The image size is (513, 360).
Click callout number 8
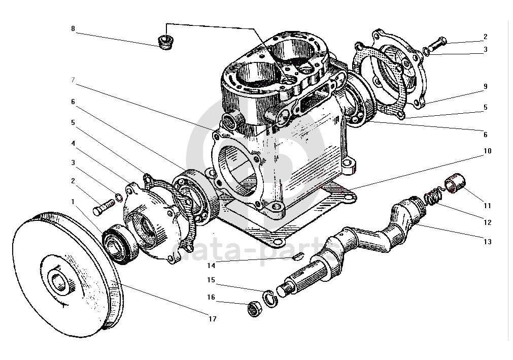[73, 29]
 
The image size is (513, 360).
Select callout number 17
[212, 319]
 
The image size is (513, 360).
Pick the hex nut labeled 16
[254, 309]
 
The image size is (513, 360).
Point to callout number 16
[211, 297]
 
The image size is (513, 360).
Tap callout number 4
[73, 143]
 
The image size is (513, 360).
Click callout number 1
[73, 201]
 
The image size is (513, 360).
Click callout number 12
[487, 222]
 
